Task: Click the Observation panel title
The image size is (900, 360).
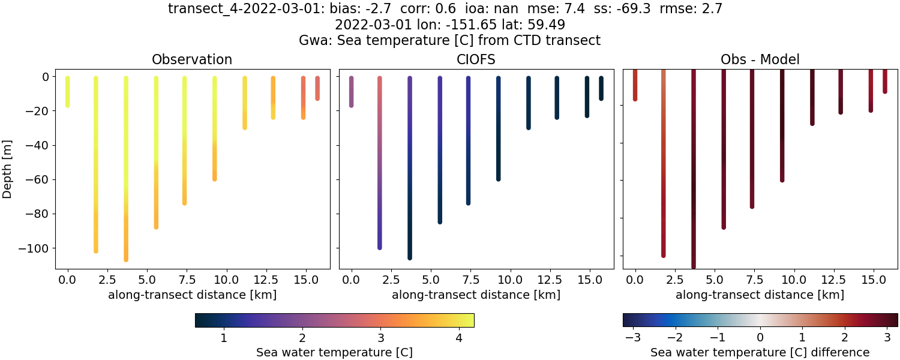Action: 192,59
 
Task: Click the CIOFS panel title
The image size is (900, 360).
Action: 476,59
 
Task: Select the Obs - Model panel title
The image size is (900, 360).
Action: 760,59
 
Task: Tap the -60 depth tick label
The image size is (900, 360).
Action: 40,179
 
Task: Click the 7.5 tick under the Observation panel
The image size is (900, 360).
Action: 184,280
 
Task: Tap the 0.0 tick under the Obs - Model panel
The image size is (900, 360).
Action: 635,280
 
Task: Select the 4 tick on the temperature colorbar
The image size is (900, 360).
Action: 458,338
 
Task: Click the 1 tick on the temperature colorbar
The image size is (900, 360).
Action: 224,338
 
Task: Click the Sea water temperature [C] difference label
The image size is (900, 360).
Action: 760,352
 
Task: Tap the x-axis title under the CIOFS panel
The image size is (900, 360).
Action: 476,295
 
